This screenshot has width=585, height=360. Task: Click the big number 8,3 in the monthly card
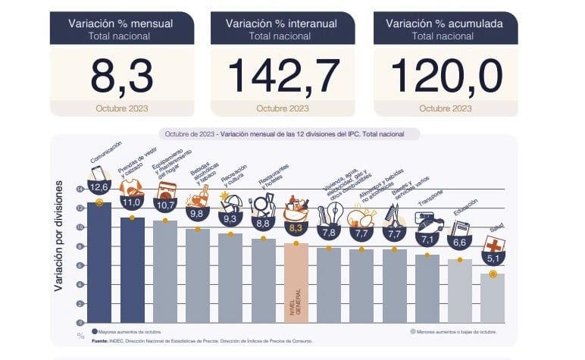click(x=120, y=76)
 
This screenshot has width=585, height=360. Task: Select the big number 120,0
click(x=446, y=76)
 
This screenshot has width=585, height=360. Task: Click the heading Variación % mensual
click(x=120, y=23)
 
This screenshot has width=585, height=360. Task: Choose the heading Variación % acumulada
click(x=445, y=23)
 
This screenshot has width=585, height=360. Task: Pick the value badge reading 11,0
click(x=132, y=202)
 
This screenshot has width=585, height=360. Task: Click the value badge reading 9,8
click(x=198, y=214)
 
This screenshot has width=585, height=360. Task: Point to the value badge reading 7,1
click(x=427, y=239)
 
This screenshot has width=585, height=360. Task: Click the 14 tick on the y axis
click(x=80, y=189)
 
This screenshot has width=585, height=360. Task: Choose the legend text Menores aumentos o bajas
click(x=455, y=332)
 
